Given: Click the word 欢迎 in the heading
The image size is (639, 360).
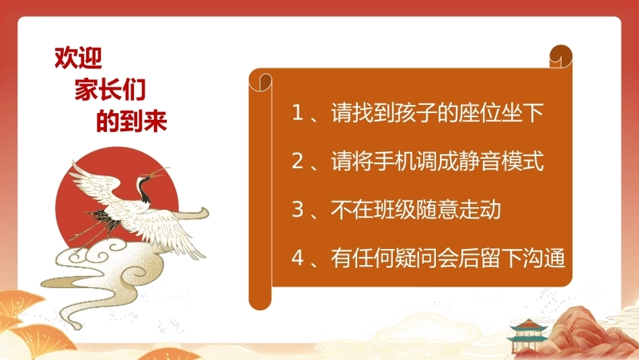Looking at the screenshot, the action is [x=78, y=57].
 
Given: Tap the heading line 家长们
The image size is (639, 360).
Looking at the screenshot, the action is [x=110, y=89].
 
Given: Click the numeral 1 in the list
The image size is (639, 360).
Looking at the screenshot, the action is [x=298, y=112].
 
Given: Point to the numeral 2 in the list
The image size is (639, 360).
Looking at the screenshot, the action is [x=298, y=161].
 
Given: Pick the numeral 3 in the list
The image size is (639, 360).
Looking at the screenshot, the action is [x=298, y=209].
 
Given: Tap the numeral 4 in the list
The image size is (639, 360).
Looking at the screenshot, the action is [x=298, y=258].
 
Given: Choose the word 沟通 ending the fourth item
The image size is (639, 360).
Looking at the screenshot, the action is [x=543, y=258].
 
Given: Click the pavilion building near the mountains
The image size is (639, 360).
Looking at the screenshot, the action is [x=527, y=334].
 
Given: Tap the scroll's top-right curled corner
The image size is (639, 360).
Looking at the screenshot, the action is [x=561, y=57].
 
